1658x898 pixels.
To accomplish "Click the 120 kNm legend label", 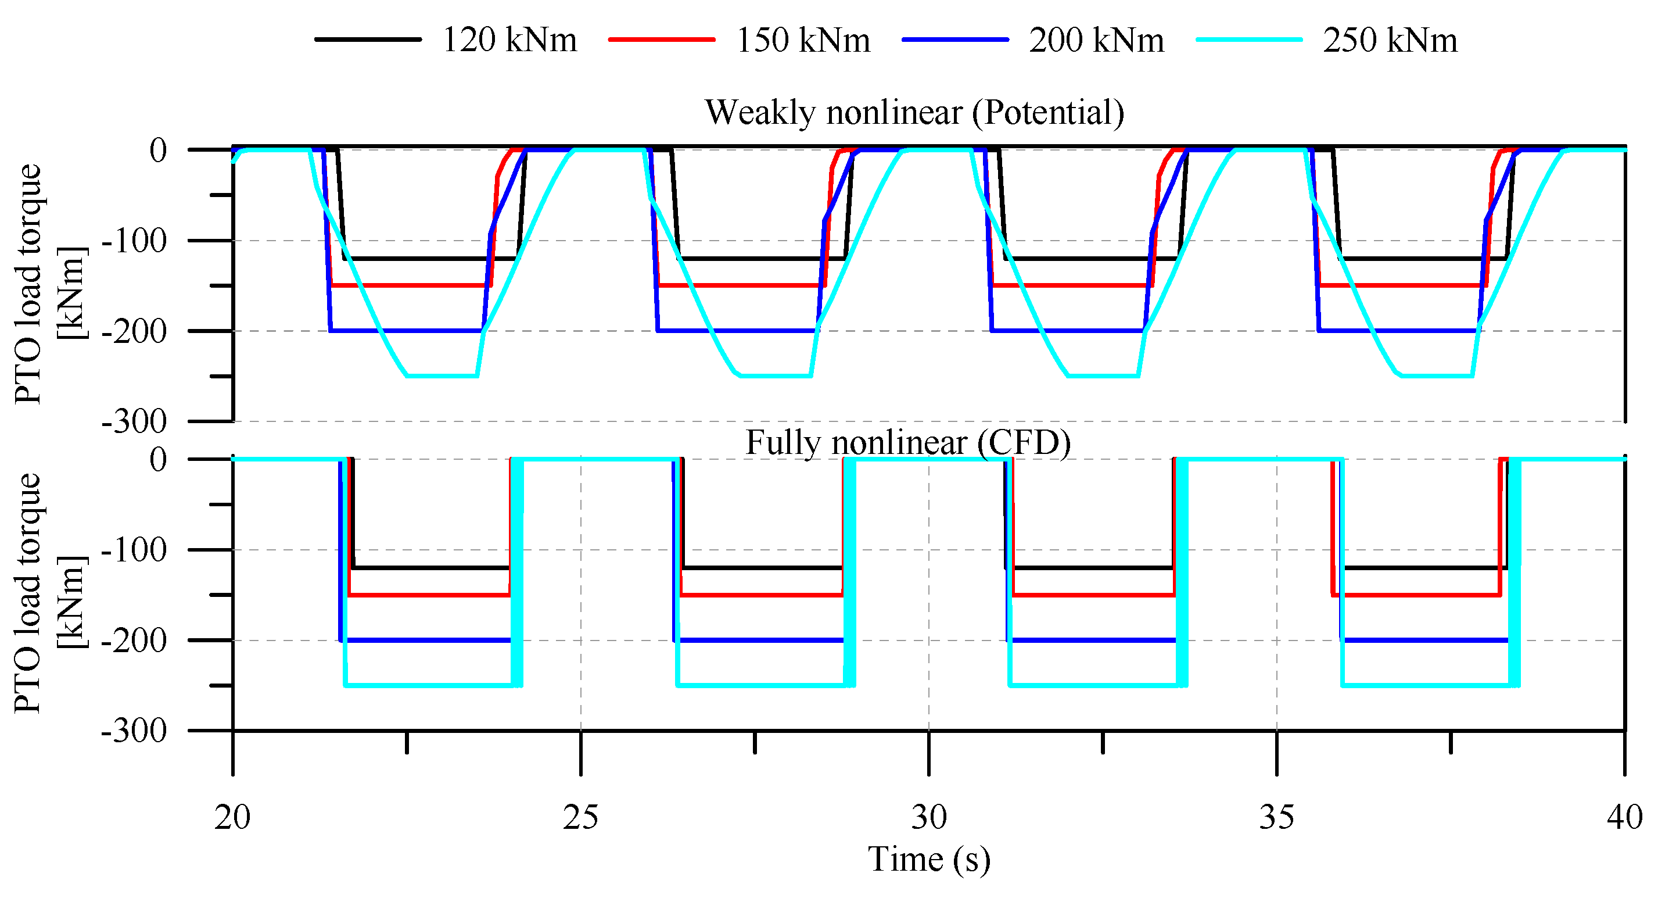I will tap(509, 40).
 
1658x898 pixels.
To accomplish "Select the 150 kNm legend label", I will tap(803, 40).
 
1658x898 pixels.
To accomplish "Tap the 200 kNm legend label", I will tap(1096, 40).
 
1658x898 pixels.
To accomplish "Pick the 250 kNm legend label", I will tap(1390, 40).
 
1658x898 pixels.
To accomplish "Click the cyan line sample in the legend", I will tap(1248, 40).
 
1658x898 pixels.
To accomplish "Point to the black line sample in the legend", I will tap(368, 40).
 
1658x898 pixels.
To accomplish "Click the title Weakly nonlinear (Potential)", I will tap(914, 112).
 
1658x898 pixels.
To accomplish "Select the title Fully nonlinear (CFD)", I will tap(907, 443).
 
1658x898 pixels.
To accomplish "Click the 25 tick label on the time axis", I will tap(580, 818).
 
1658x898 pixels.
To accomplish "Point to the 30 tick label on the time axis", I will tap(929, 818).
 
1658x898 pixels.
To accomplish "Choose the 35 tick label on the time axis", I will tap(1277, 818).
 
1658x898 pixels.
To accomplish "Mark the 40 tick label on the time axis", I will tap(1624, 818).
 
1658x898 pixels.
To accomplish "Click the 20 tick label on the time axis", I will tap(232, 818).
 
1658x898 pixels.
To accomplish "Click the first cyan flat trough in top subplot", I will tap(442, 376).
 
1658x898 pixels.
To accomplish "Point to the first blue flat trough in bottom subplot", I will tap(425, 641).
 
